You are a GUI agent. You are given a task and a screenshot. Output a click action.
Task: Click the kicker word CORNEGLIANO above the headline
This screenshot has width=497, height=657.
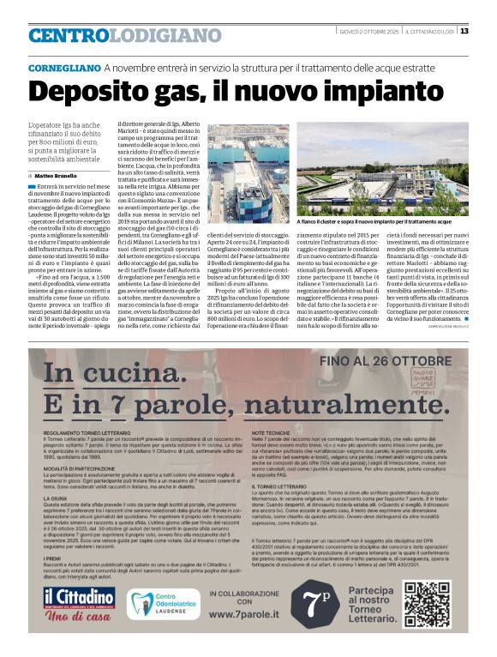click(59, 67)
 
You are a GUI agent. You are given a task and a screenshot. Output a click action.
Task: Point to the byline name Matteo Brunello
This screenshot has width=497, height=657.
click(55, 175)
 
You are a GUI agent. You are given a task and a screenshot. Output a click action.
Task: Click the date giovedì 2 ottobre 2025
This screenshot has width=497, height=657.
click(368, 32)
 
